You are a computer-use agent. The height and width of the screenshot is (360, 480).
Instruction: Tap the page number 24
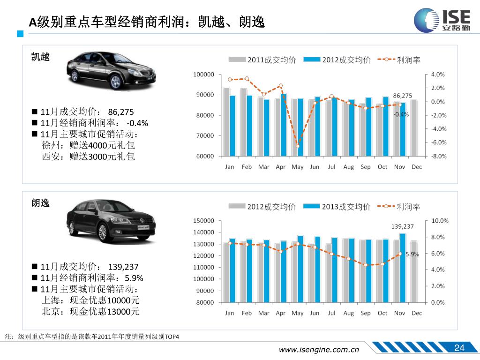tap(459, 347)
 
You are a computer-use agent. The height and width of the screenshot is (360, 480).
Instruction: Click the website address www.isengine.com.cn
tap(319, 349)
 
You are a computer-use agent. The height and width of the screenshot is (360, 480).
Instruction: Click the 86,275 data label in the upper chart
tap(402, 96)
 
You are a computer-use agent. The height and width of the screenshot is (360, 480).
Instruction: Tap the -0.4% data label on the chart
tap(401, 114)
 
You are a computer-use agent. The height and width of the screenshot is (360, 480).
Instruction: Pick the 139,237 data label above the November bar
tap(402, 226)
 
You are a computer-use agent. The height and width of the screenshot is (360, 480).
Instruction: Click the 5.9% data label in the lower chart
tap(412, 254)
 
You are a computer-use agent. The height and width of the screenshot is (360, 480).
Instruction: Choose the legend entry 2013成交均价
tap(337, 206)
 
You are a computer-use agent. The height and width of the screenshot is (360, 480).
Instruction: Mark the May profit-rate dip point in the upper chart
tap(298, 146)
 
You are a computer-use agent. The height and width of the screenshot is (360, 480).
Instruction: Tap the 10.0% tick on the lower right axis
tap(440, 221)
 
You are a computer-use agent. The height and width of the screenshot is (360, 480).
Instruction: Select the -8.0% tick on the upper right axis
tap(439, 156)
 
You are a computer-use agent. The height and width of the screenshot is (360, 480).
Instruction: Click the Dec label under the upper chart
tap(416, 167)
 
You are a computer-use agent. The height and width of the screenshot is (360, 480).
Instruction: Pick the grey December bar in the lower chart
tap(414, 271)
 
